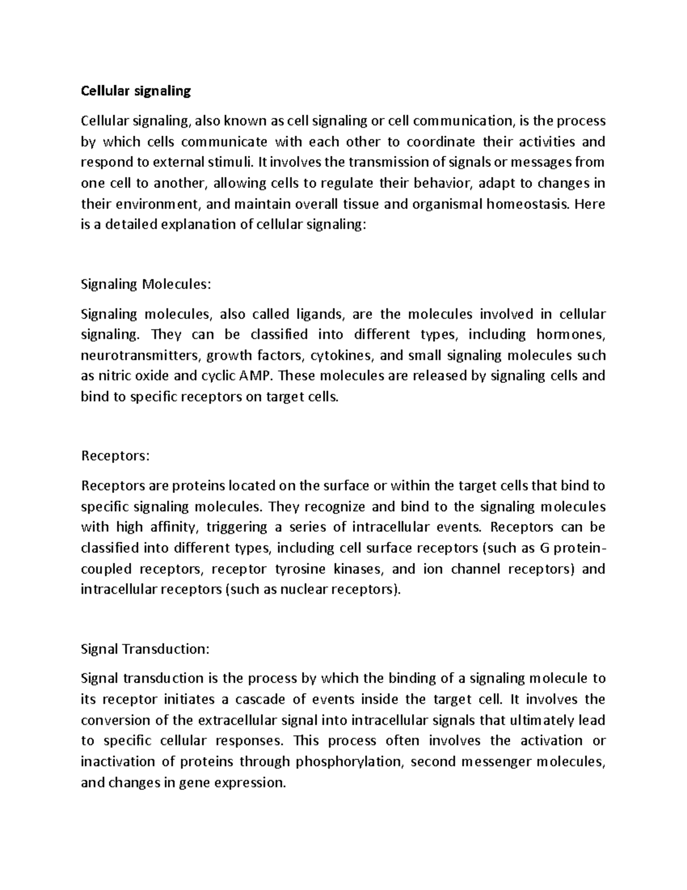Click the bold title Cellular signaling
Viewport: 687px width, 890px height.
pyautogui.click(x=136, y=91)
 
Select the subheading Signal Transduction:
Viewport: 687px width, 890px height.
pyautogui.click(x=145, y=649)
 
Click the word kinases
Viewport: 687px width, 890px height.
pyautogui.click(x=360, y=569)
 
